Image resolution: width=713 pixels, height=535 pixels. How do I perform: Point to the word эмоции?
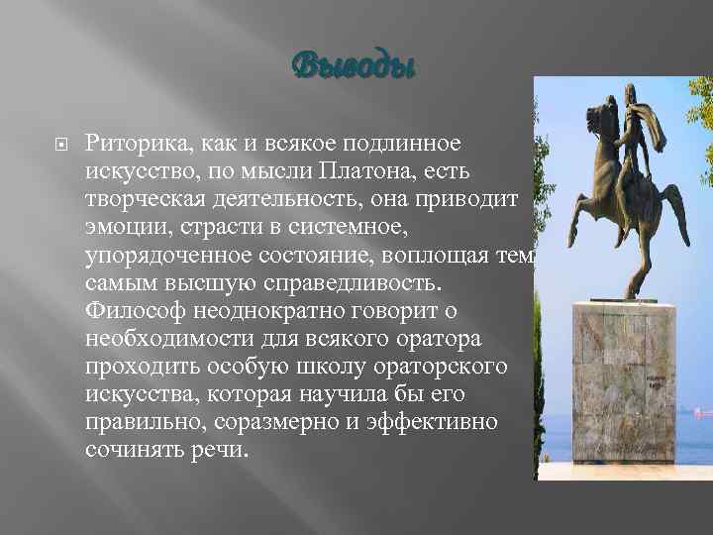[123, 228]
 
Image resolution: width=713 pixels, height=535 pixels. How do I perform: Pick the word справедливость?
[363, 283]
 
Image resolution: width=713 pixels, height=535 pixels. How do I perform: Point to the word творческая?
[149, 200]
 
